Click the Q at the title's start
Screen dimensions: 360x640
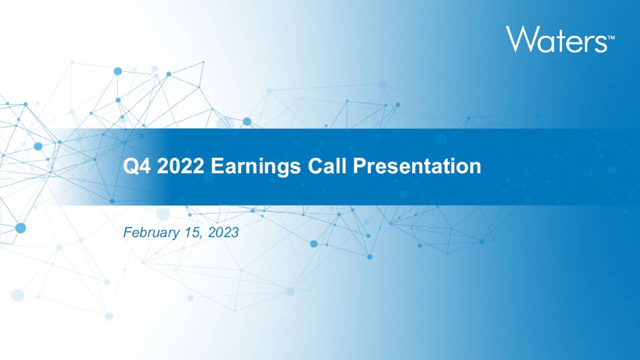pos(131,166)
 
